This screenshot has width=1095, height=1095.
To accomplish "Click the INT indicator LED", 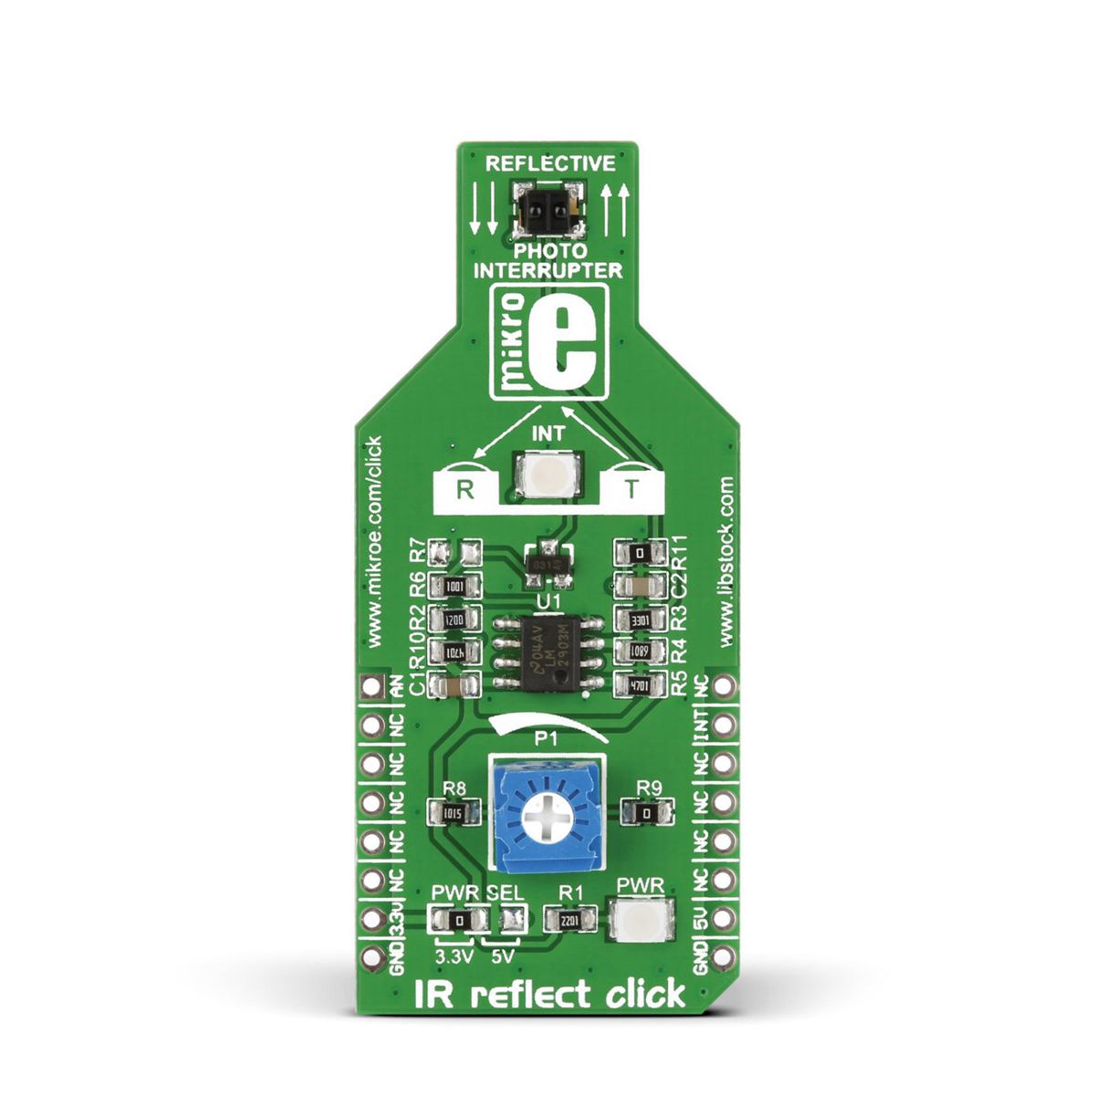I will (547, 475).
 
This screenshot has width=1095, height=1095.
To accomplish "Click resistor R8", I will (454, 811).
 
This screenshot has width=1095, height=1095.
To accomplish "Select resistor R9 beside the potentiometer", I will (646, 811).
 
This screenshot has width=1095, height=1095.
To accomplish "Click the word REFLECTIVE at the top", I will (550, 163).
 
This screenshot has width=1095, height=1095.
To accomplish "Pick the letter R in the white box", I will (465, 489).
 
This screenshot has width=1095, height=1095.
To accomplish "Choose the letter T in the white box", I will (631, 489).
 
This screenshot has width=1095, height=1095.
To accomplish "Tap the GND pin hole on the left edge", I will (371, 956).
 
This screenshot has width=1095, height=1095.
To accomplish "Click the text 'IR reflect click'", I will (549, 992).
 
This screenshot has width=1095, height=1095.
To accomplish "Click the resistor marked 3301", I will (640, 620).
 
